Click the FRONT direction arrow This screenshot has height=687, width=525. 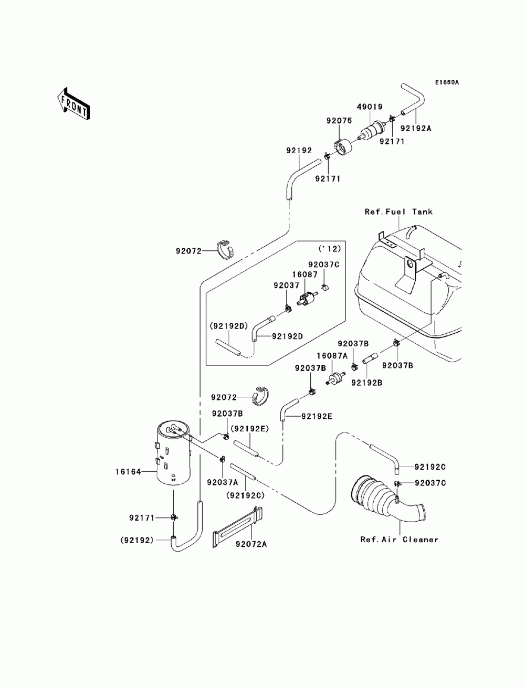tap(73, 103)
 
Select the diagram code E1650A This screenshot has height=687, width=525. tap(447, 82)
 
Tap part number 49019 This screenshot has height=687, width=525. tap(370, 107)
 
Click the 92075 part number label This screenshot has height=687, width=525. tap(339, 121)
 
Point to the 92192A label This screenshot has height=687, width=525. tap(416, 129)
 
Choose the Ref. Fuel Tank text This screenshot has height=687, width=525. tap(398, 212)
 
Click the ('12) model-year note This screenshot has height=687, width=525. tap(329, 249)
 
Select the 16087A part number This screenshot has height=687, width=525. tap(332, 355)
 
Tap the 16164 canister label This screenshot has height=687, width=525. tap(128, 472)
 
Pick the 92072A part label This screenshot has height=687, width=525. tap(251, 544)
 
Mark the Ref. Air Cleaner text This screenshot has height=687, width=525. tap(399, 540)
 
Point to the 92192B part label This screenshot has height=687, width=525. tap(366, 383)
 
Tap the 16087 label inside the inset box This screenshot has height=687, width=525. tap(305, 274)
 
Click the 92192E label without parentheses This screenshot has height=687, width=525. tap(317, 417)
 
